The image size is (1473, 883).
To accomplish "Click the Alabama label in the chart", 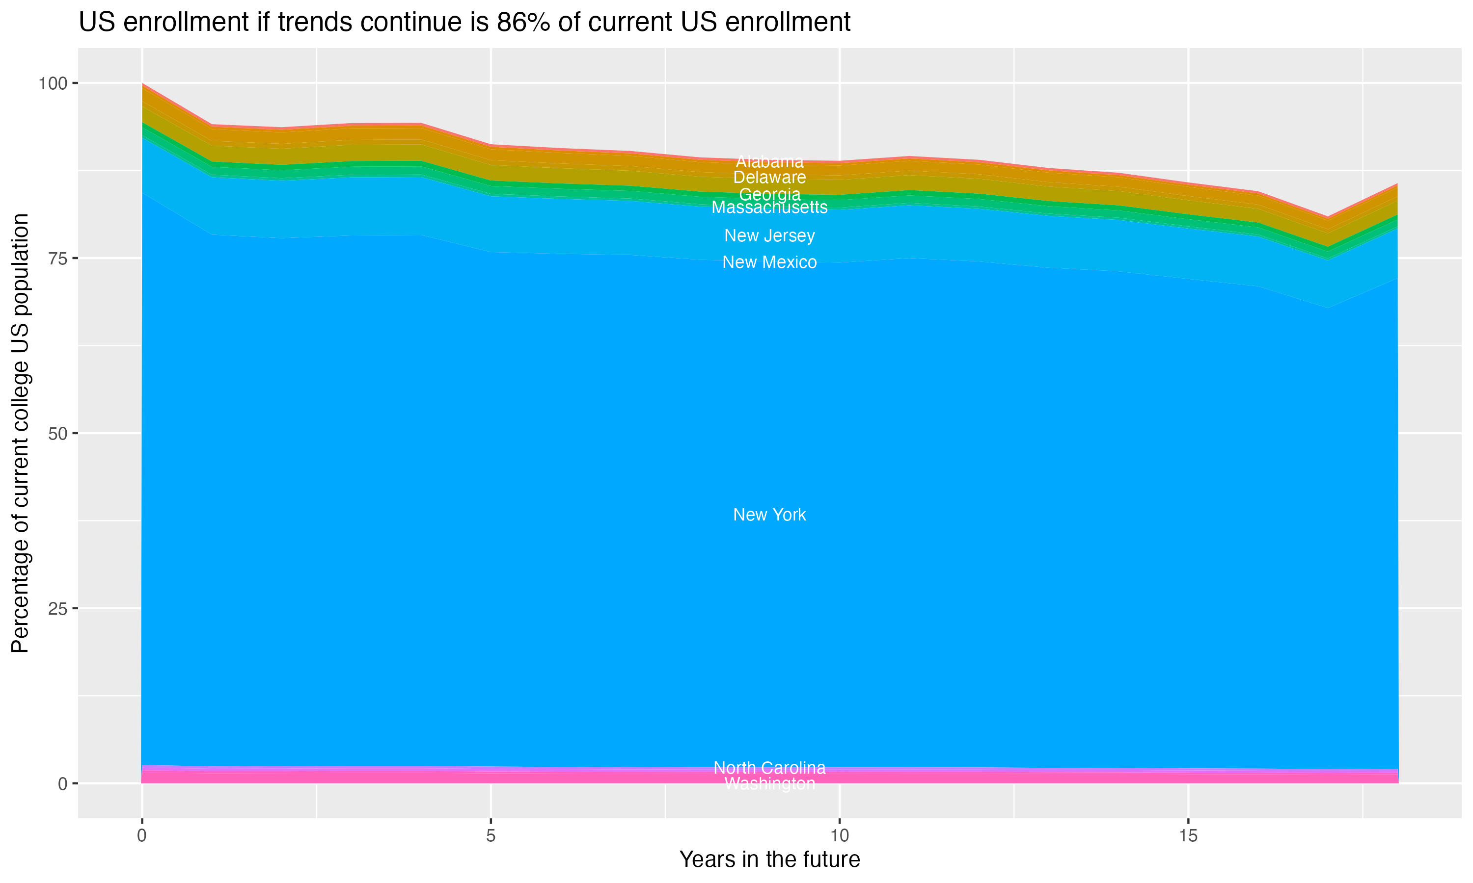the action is [769, 161].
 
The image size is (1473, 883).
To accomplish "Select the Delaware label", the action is [769, 177].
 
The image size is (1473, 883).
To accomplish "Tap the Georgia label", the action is [769, 195].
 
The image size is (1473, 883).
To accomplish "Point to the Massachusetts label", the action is [769, 207].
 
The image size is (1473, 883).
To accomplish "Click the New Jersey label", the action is [769, 235].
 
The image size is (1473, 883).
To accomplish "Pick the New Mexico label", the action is [769, 262].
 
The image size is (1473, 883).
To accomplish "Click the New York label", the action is [769, 515].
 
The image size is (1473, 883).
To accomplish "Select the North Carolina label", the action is [769, 768].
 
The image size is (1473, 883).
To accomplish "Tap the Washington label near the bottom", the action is [769, 783].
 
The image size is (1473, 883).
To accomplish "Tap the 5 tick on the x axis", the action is [491, 836].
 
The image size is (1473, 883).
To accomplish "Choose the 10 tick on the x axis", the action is [839, 836].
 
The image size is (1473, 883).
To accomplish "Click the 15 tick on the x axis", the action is [1188, 836].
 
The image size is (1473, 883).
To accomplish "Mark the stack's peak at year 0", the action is [142, 84].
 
